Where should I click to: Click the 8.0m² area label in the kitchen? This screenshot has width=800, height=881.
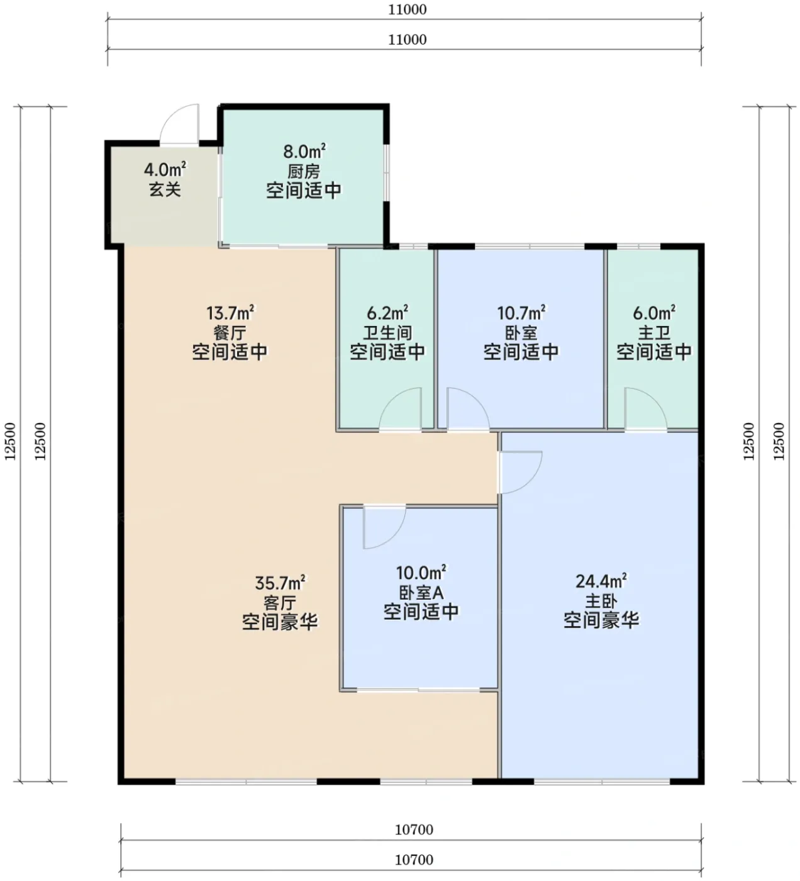304,152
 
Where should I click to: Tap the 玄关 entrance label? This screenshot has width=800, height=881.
165,189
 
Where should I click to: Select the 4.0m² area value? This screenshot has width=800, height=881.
165,169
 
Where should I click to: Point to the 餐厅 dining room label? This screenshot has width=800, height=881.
230,333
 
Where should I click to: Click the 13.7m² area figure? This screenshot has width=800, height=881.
230,313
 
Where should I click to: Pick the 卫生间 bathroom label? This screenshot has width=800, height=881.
387,333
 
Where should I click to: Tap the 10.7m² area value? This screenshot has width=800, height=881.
521,313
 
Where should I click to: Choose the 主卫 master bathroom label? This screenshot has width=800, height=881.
654,333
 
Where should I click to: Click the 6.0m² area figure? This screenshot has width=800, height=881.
654,313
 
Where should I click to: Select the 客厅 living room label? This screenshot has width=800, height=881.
280,603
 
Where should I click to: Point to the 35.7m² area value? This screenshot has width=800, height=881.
280,583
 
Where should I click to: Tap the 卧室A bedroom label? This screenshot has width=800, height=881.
421,593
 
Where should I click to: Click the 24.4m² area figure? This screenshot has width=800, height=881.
601,581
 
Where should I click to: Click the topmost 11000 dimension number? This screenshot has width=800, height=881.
407,9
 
